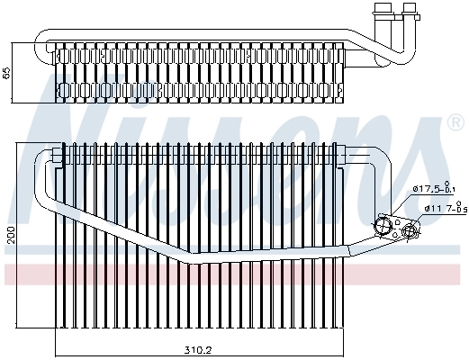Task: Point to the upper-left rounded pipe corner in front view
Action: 41,155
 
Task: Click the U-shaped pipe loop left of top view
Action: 40,47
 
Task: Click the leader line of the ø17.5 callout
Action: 401,202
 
